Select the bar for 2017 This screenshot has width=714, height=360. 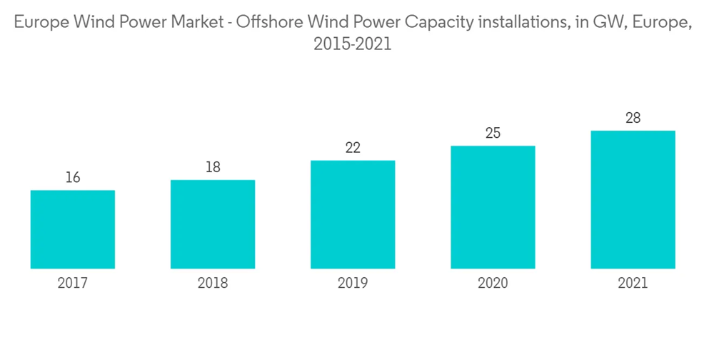73,229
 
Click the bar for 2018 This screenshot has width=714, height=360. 213,224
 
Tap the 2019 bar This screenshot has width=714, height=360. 353,214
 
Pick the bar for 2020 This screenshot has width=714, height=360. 493,207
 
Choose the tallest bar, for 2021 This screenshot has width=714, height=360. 633,199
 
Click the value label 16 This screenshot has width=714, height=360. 73,178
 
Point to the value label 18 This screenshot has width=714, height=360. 213,167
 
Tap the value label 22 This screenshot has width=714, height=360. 353,148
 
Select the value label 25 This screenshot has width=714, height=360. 493,133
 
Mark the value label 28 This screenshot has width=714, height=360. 633,118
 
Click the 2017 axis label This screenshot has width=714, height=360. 73,284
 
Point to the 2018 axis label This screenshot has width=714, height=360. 213,284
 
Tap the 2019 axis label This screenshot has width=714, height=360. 353,284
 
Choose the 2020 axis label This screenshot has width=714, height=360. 493,284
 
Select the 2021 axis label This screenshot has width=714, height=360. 633,284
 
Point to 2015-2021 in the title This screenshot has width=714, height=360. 353,44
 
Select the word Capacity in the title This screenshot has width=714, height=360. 435,23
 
